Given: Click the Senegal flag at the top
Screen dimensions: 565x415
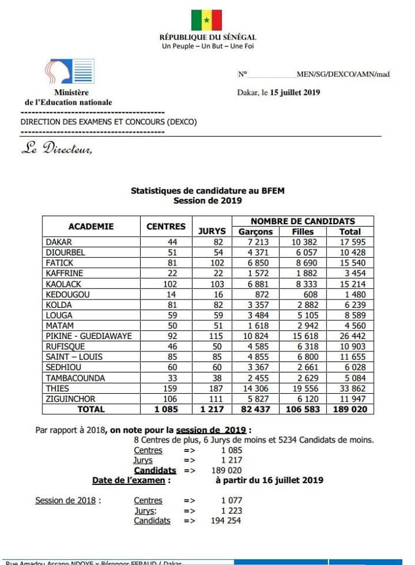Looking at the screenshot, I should coord(207,20).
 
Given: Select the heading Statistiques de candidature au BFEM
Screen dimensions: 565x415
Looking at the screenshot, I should coord(207,191).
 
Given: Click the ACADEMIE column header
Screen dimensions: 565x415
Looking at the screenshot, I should coord(91,227).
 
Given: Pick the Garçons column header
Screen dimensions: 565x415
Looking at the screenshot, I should coord(255,232).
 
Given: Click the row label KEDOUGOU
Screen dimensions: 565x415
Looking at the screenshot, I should coord(68,294).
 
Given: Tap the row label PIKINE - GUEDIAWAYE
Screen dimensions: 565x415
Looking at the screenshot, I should coord(89,336).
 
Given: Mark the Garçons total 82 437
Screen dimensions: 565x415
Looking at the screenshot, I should coord(255,409).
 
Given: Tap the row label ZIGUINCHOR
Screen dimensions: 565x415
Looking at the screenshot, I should coord(72,398).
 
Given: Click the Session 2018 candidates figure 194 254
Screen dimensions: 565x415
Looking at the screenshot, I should coord(225,521).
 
